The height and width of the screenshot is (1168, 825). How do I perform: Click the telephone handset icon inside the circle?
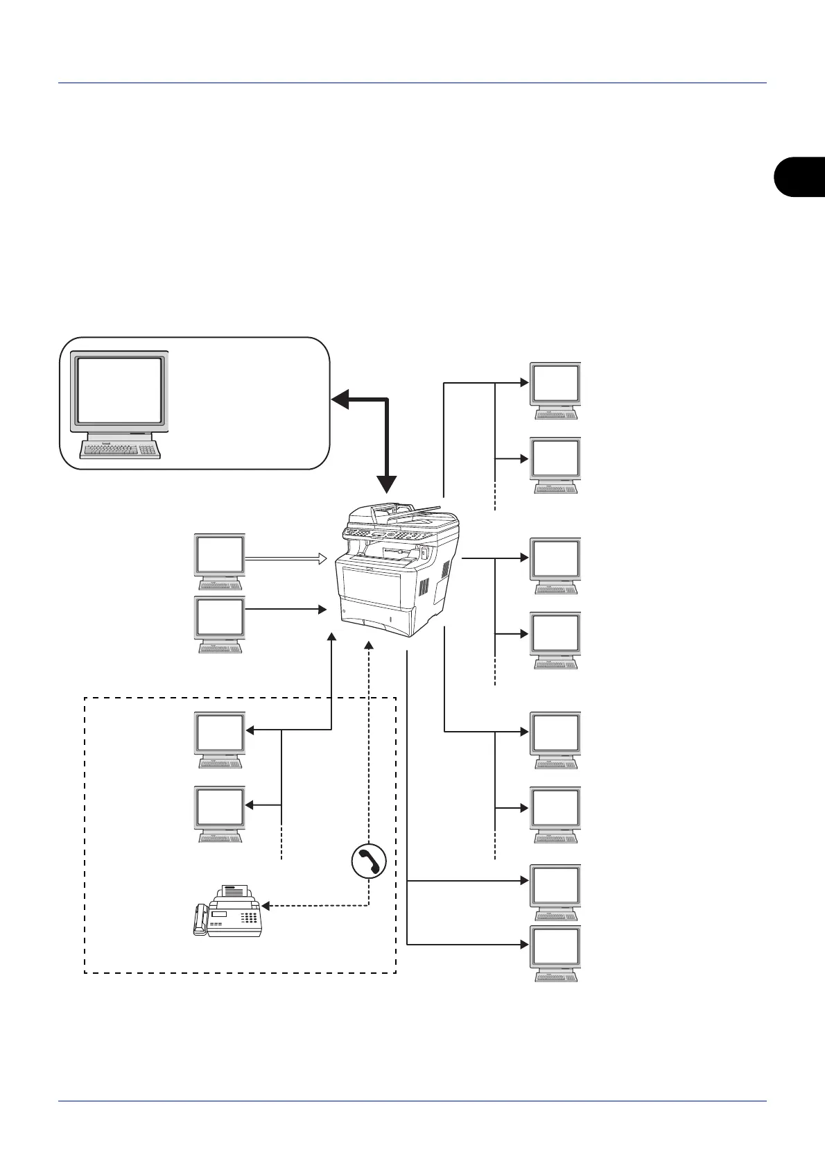pyautogui.click(x=368, y=861)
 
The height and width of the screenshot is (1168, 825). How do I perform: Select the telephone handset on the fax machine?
pyautogui.click(x=200, y=920)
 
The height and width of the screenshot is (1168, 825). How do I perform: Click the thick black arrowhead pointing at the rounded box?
pyautogui.click(x=340, y=399)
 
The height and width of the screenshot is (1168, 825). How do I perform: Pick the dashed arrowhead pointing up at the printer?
pyautogui.click(x=369, y=644)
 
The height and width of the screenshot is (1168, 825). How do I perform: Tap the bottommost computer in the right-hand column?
pyautogui.click(x=555, y=953)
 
